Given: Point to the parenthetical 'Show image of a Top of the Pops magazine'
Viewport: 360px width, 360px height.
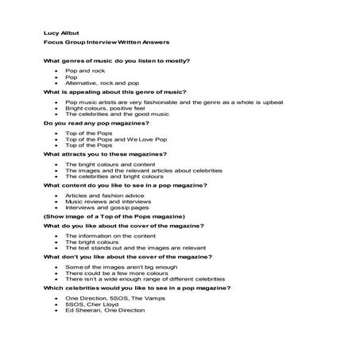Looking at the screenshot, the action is pos(114,216).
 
